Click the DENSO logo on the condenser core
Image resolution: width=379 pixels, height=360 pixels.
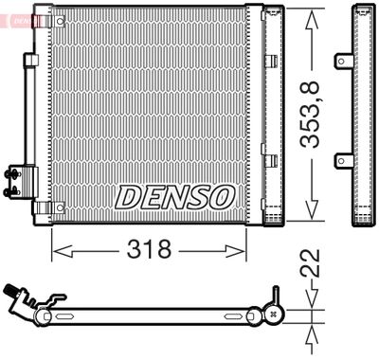point(174,196)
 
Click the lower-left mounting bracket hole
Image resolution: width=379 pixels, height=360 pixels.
point(38,207)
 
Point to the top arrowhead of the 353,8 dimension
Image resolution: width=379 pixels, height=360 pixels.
point(312,13)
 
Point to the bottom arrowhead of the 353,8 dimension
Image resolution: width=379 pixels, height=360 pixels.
point(312,216)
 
